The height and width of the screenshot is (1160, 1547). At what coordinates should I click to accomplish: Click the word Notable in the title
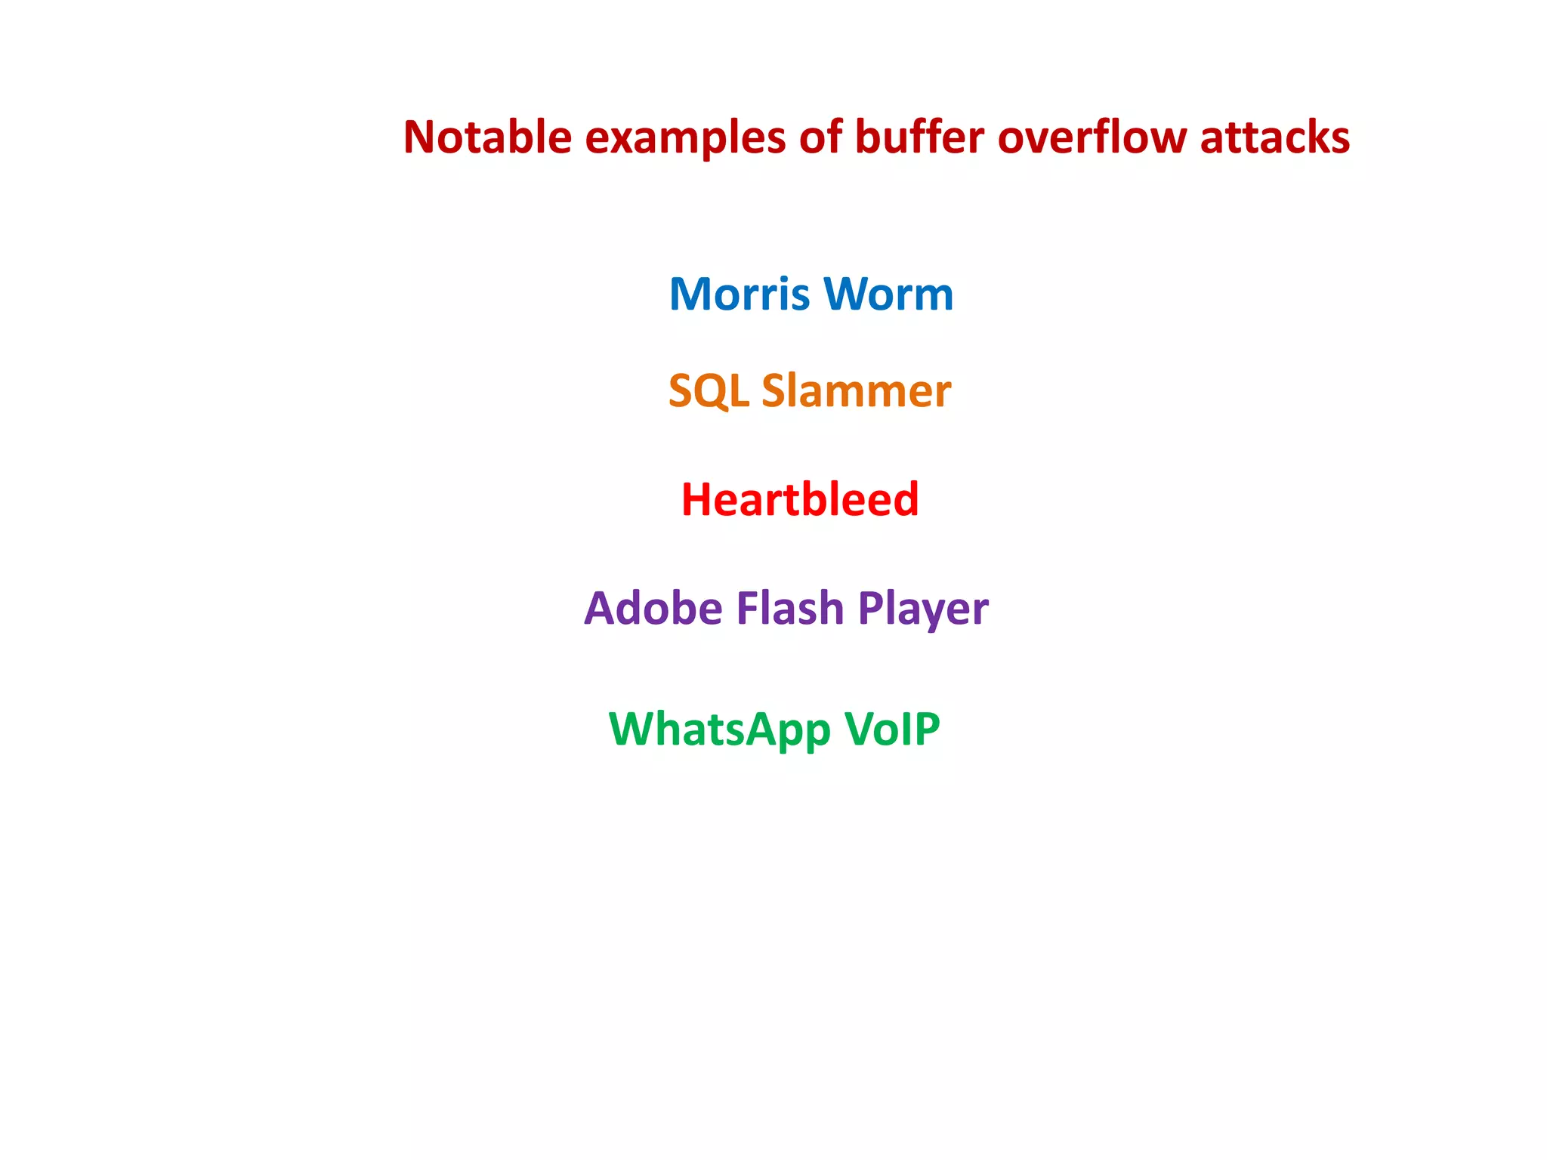click(487, 137)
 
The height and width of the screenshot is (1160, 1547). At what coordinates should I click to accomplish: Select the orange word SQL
click(709, 391)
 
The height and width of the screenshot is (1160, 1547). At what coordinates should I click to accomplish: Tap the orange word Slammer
click(856, 391)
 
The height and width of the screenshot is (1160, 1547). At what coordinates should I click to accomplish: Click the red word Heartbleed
click(800, 500)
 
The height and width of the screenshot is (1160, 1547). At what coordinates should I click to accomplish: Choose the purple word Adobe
click(653, 608)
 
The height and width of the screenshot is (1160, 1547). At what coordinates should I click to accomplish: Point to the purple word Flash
click(789, 608)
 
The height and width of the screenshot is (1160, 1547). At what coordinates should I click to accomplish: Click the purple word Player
click(923, 609)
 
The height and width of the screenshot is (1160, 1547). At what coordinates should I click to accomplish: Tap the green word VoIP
click(891, 729)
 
